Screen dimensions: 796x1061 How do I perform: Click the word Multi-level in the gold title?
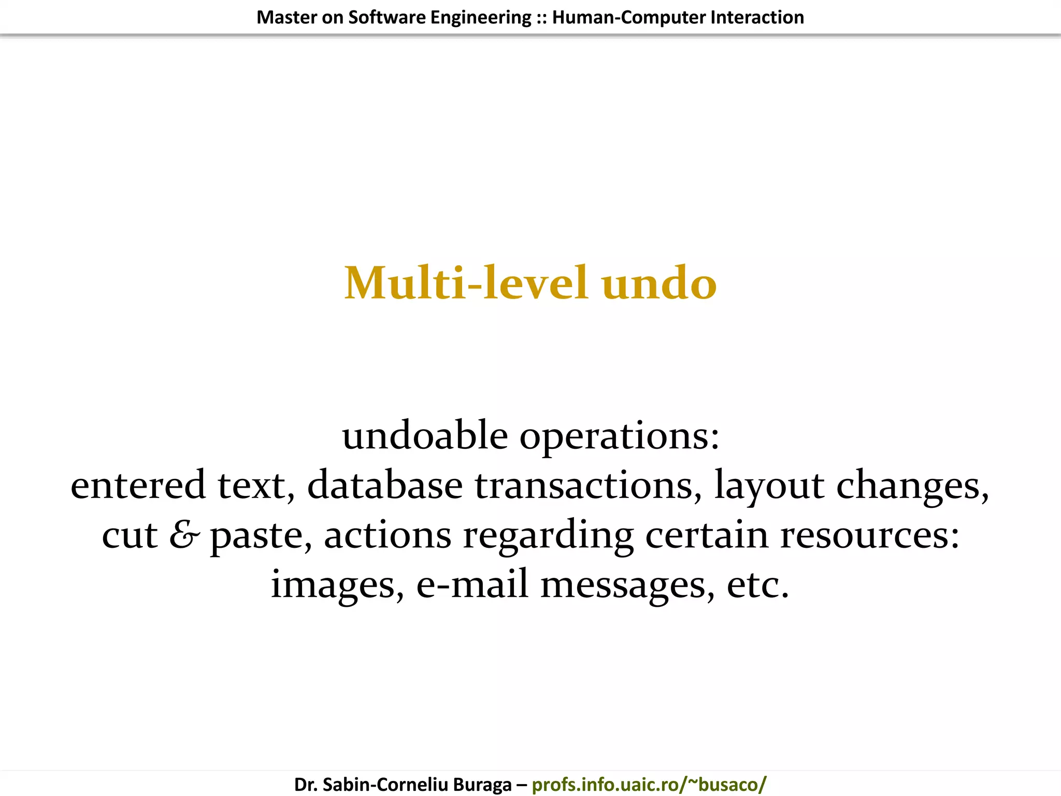coord(466,283)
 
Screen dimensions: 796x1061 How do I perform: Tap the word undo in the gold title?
coord(659,283)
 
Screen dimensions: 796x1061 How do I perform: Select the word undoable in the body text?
coord(425,435)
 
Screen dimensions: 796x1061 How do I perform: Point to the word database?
coord(385,485)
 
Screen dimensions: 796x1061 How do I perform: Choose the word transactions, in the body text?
coord(589,486)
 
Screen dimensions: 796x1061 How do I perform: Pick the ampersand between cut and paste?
coord(184,535)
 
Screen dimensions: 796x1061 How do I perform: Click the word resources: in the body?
coord(870,536)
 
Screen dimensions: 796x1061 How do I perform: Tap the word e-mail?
coord(472,584)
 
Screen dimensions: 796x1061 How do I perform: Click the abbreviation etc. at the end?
coord(758,585)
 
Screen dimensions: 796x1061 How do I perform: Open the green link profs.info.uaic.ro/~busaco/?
coord(649,784)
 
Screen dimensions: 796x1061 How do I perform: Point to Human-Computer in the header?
coord(628,18)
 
